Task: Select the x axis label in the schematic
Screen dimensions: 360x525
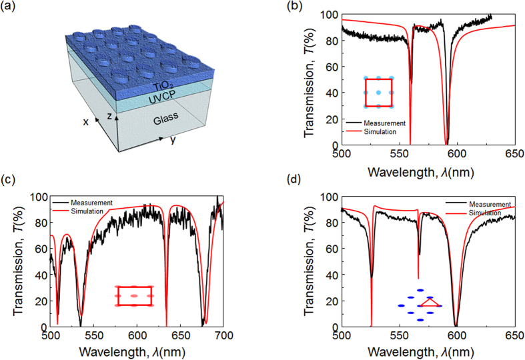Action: [86, 122]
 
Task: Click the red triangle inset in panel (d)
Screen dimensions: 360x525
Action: [432, 303]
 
